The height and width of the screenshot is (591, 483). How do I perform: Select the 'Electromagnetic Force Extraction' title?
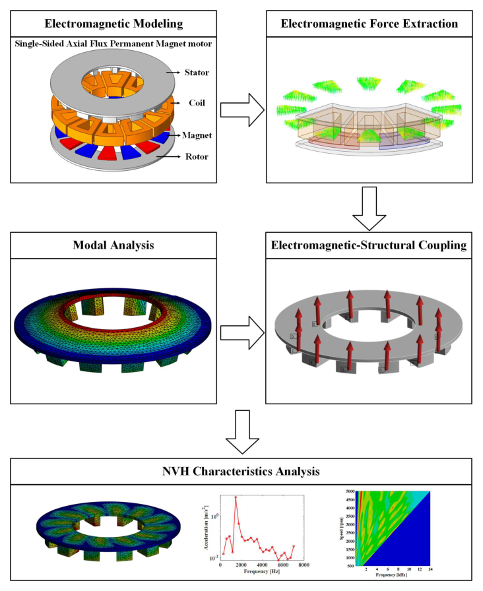pos(369,24)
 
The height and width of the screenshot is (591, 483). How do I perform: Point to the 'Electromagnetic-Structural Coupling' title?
pos(369,245)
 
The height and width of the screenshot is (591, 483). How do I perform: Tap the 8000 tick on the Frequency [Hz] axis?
pos(304,565)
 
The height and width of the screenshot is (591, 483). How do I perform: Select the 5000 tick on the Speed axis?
pos(350,491)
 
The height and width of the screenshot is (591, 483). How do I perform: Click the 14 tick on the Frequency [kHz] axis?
pos(431,569)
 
